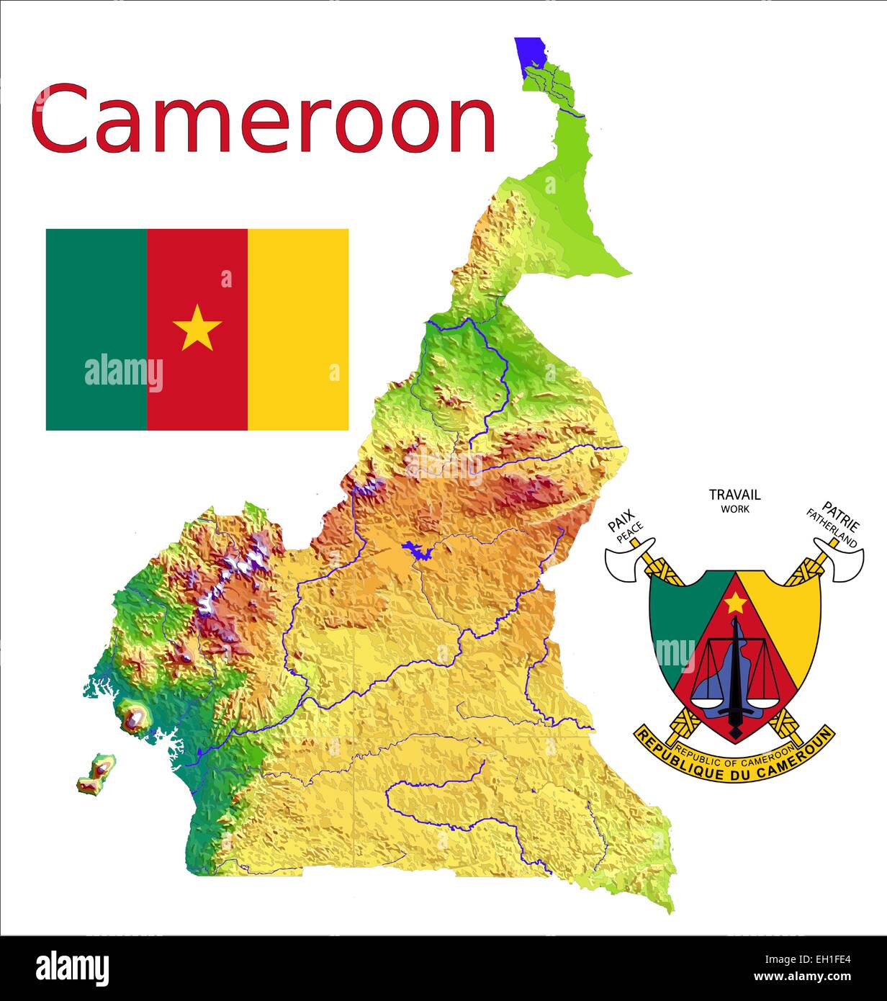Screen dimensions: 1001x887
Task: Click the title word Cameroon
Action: pos(264,120)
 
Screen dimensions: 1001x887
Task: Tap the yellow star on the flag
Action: pos(197,328)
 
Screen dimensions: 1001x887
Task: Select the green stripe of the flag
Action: pos(96,329)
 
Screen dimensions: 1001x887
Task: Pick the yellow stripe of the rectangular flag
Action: pos(298,329)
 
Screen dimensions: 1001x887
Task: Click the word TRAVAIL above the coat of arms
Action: pos(734,495)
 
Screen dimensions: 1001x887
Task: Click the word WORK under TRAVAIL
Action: pos(735,509)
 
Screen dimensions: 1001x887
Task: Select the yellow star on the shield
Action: pos(735,603)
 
